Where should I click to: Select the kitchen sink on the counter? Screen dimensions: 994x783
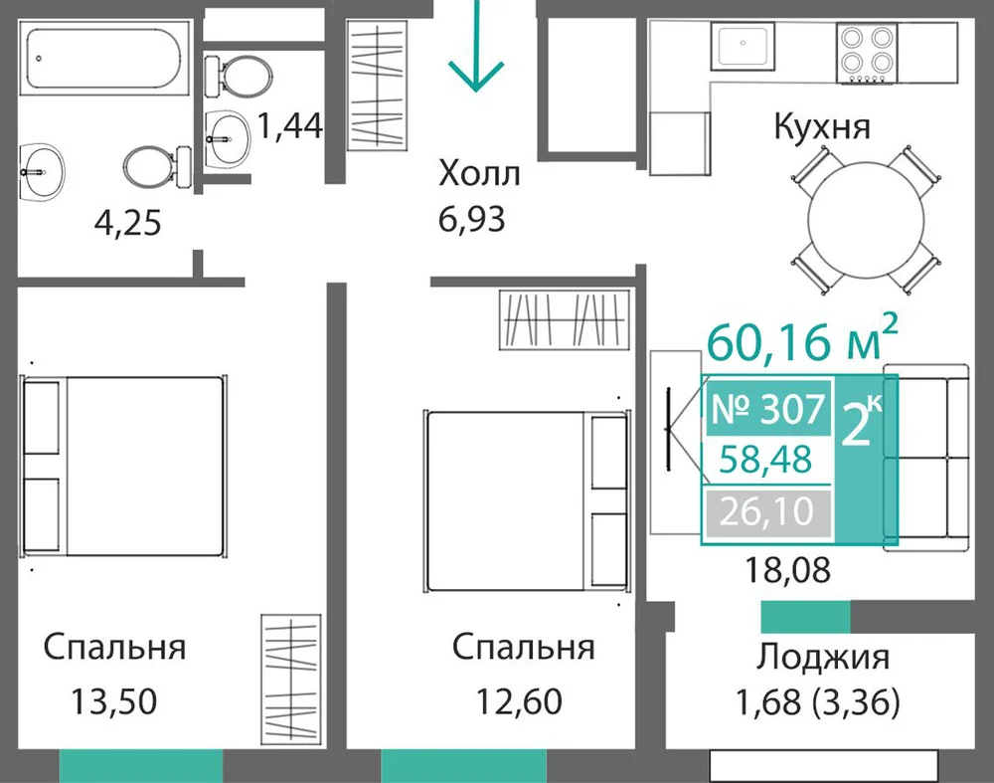[743, 46]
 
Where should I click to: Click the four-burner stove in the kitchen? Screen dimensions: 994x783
[867, 53]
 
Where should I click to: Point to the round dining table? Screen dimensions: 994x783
[866, 220]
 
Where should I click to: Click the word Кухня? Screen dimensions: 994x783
[822, 126]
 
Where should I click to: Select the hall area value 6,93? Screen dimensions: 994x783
[471, 220]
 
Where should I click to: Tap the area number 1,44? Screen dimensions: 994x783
[289, 125]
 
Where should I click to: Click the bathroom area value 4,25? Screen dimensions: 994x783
[127, 223]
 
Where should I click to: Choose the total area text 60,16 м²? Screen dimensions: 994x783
[802, 338]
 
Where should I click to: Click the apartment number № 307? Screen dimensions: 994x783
[768, 409]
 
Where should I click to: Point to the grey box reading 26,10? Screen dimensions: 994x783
[766, 511]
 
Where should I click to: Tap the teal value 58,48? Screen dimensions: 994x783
[765, 460]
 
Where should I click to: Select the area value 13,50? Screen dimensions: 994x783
[114, 701]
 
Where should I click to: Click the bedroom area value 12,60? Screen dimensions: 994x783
[519, 701]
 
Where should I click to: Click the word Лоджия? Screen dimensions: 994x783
[823, 658]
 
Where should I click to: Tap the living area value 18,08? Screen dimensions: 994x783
[787, 570]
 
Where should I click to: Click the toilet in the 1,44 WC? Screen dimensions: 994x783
[239, 77]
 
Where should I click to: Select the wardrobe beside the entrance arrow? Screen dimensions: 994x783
[377, 85]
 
